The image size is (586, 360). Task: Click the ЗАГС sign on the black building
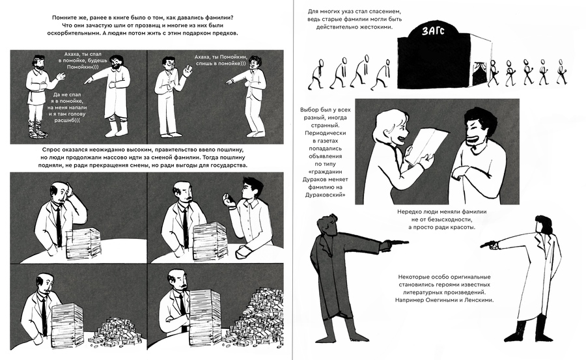click(x=433, y=31)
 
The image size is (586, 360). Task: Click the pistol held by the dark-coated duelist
click(x=398, y=243)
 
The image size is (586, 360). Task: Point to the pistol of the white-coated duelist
click(x=488, y=245)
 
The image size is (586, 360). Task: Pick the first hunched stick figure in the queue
click(x=316, y=74)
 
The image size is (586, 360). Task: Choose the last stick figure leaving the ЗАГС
click(x=561, y=72)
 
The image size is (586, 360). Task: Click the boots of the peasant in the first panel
click(x=38, y=128)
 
